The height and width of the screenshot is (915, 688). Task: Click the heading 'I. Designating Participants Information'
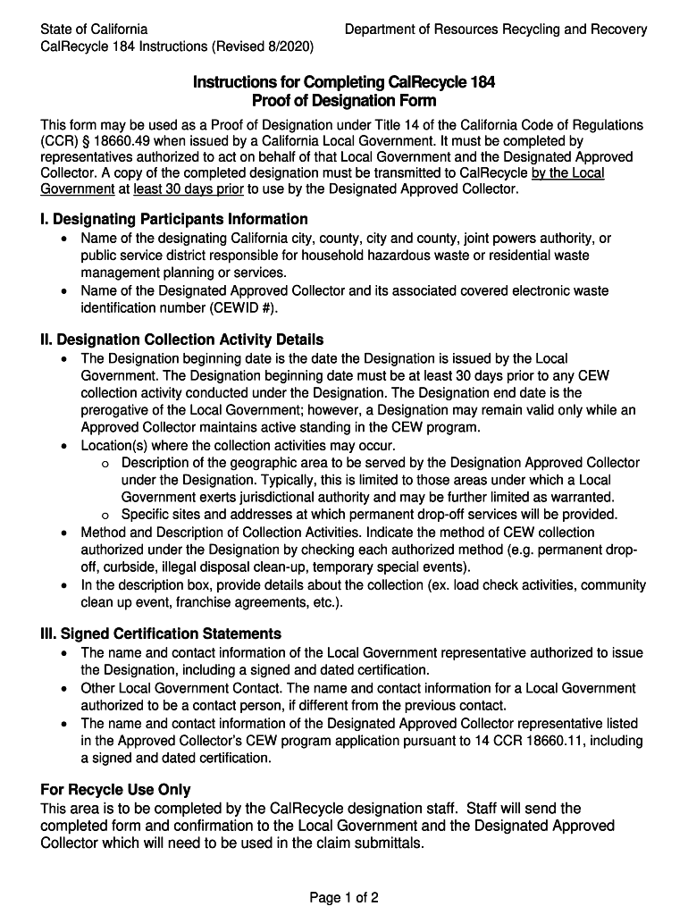(x=174, y=219)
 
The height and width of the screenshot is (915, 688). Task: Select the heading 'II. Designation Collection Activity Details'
(x=182, y=340)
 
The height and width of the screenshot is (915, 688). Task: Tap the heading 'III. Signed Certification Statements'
(x=161, y=634)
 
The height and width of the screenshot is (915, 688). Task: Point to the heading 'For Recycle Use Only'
(x=116, y=790)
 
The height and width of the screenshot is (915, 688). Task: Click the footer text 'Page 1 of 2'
(x=344, y=897)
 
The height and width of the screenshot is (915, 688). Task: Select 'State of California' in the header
(x=95, y=29)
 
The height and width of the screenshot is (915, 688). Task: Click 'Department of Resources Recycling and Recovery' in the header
(x=496, y=29)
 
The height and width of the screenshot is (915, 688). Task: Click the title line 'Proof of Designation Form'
(x=344, y=101)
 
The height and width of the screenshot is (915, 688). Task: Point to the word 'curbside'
(x=129, y=567)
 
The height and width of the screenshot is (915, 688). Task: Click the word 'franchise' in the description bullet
(x=202, y=601)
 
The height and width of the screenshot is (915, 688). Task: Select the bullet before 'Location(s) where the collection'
(x=63, y=445)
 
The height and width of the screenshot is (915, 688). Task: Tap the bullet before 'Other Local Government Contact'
(x=63, y=688)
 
